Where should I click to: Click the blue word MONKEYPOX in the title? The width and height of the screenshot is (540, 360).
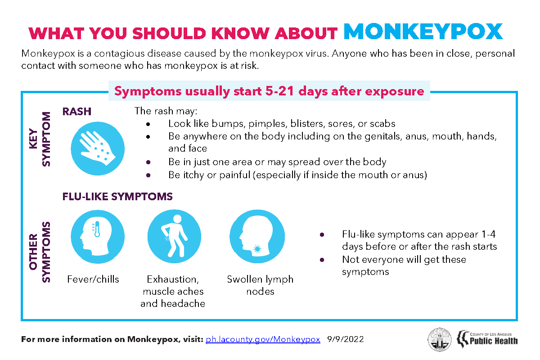[x=423, y=31]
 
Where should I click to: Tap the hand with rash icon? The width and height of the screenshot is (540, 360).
[x=98, y=148]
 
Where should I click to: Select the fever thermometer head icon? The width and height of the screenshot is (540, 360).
[x=98, y=237]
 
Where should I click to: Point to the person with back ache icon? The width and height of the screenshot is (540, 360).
[x=174, y=237]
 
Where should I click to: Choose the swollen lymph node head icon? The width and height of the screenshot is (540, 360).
[x=257, y=237]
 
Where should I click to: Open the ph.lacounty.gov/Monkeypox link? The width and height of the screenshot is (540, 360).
[x=263, y=339]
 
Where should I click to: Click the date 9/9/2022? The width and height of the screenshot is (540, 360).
[x=345, y=339]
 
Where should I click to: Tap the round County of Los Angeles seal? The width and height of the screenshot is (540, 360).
[x=440, y=339]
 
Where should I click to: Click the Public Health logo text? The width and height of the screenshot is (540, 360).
[x=494, y=341]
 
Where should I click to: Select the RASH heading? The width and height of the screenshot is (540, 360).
[x=77, y=112]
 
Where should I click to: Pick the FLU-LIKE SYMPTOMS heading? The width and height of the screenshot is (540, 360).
[x=117, y=197]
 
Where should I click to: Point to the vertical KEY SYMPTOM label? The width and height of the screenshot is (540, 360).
[x=40, y=139]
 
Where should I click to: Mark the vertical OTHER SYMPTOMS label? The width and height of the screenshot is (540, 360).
[x=40, y=252]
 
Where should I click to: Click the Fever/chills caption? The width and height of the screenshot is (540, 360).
[x=93, y=279]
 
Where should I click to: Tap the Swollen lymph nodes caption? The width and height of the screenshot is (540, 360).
[x=260, y=285]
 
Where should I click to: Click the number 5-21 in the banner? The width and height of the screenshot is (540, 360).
[x=279, y=91]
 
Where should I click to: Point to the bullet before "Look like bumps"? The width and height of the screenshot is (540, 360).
[x=148, y=124]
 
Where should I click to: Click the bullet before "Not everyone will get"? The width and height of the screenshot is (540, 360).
[x=322, y=260]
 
